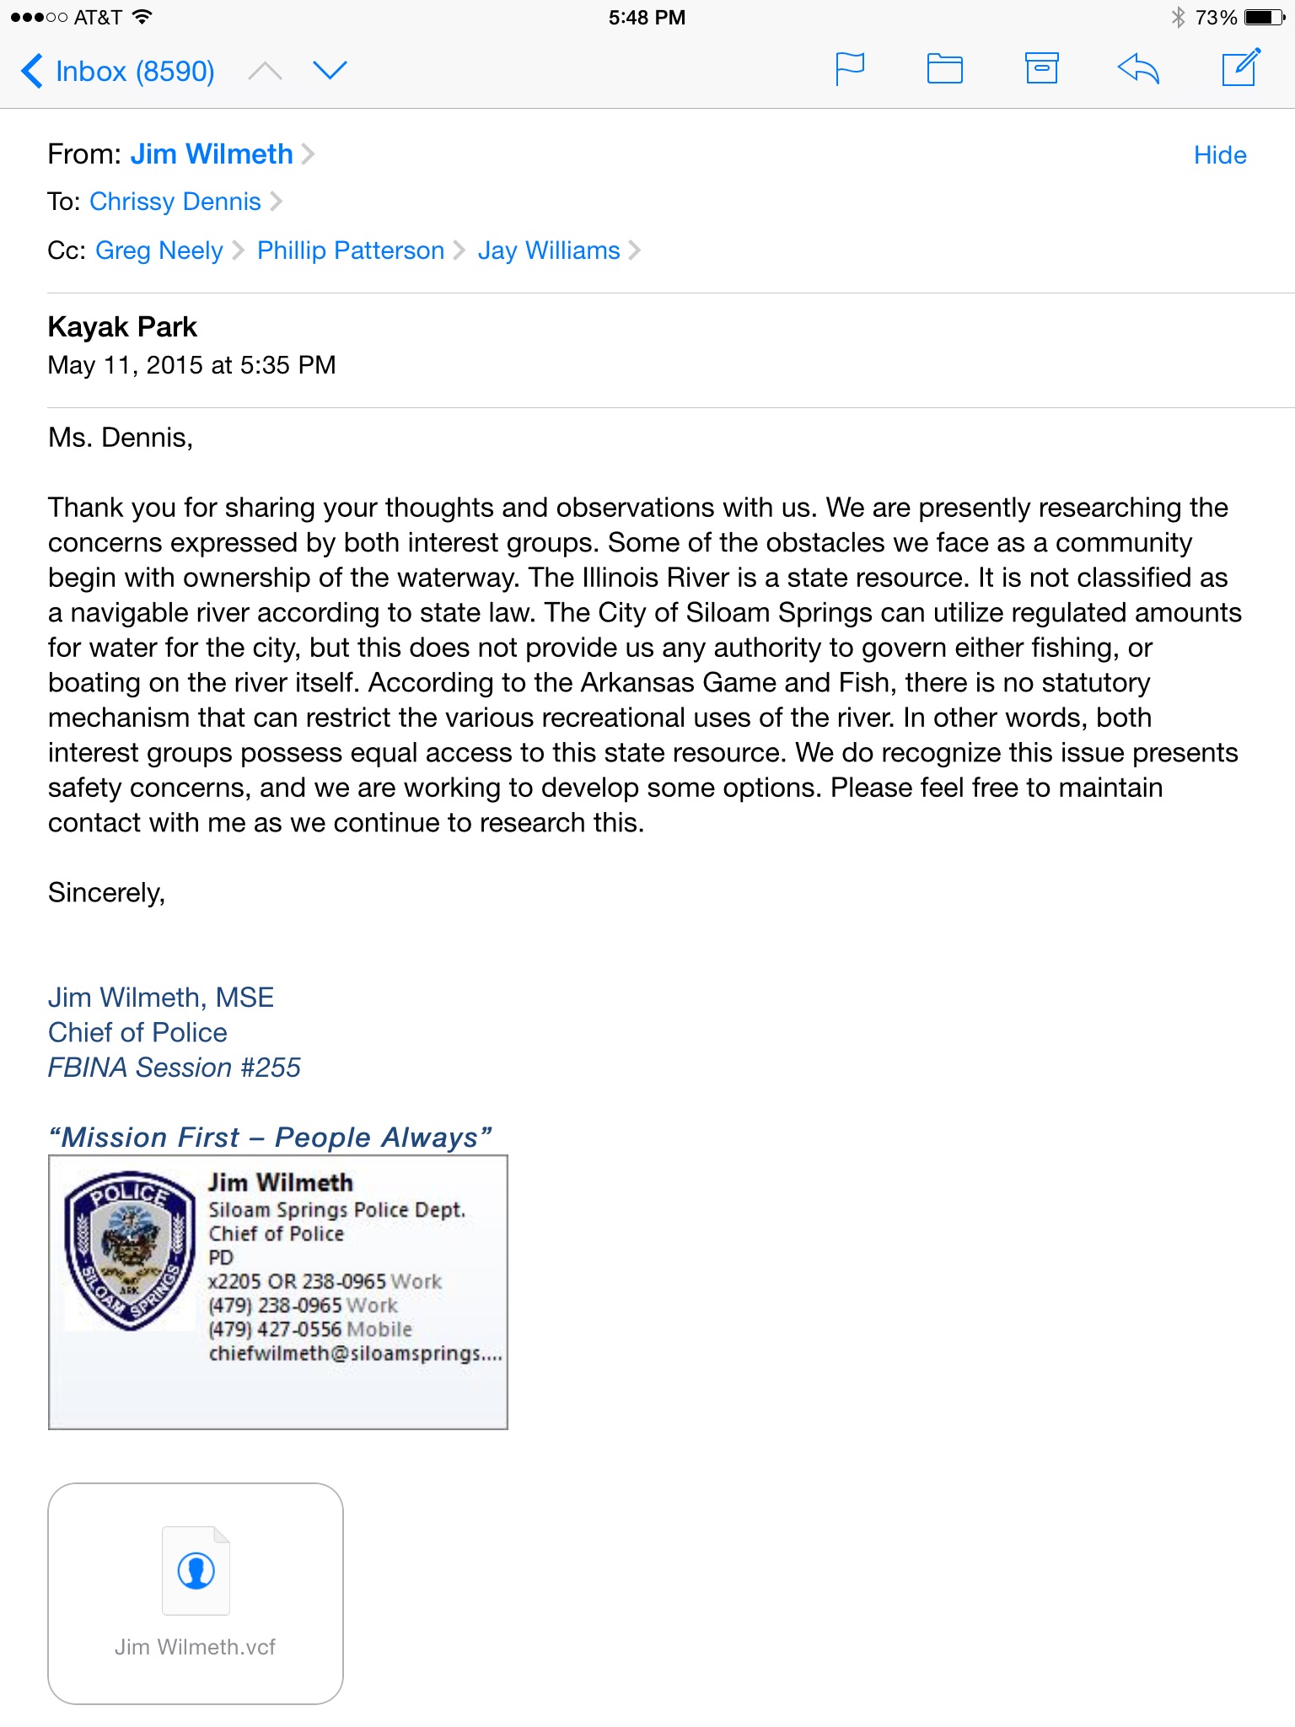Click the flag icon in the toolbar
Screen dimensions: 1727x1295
[849, 69]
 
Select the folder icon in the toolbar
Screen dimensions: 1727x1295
[944, 69]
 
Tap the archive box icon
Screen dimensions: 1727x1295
[1041, 68]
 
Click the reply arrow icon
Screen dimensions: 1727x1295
[1138, 68]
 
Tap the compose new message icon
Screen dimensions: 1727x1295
[1241, 67]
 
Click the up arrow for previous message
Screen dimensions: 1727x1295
[265, 71]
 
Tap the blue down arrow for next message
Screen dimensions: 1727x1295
[330, 70]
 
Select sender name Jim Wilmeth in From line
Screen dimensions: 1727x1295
[212, 154]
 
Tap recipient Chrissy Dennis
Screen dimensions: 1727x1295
[175, 202]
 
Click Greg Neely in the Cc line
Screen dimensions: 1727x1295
[159, 250]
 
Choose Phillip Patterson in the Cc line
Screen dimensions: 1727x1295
[351, 250]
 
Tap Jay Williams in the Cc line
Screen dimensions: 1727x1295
[549, 250]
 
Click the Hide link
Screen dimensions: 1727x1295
[1219, 155]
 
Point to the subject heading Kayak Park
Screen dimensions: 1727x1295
[122, 327]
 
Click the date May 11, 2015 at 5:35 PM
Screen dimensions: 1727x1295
[192, 365]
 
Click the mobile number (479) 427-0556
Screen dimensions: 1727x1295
[275, 1330]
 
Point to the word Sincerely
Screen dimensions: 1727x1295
[106, 893]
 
